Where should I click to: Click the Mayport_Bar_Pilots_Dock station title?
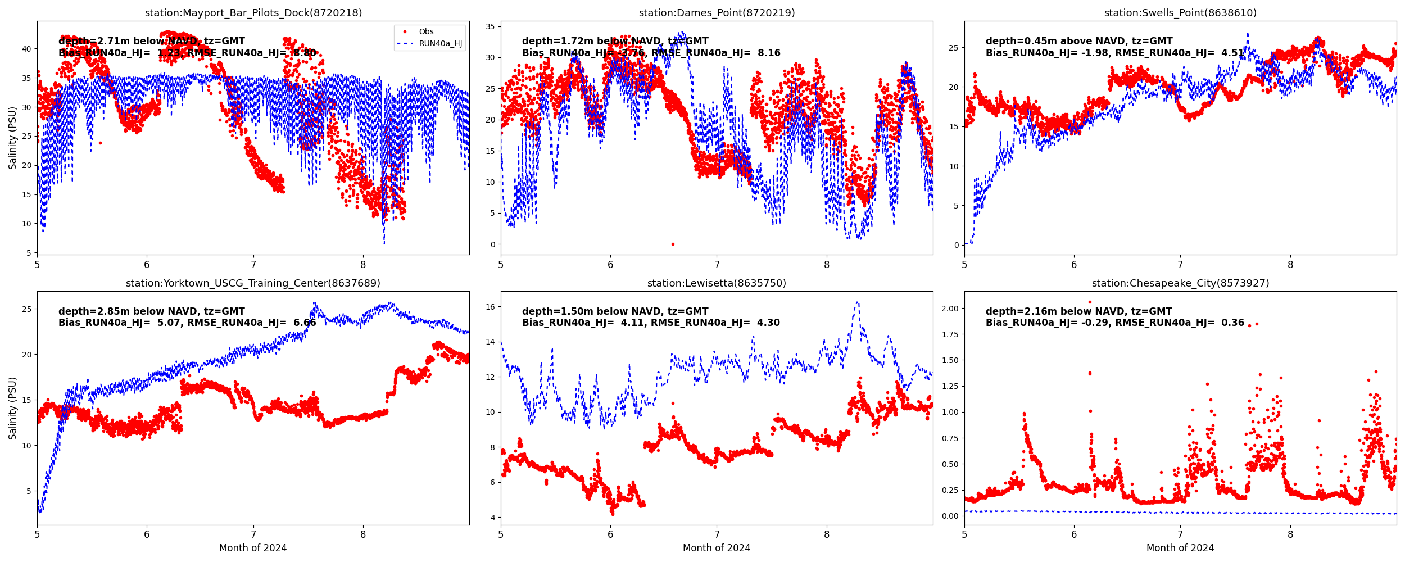coord(253,13)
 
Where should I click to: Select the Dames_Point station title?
coord(717,13)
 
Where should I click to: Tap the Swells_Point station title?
coord(1180,13)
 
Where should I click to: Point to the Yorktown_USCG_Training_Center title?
coord(253,283)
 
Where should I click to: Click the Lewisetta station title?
coord(717,283)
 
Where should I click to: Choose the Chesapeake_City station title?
coord(1180,283)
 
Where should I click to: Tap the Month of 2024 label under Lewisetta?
coord(717,548)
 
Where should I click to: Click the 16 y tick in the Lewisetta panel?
coord(490,307)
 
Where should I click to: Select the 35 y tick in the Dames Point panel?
coord(490,26)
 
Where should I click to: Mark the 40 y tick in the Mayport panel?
coord(26,49)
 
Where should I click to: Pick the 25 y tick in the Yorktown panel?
coord(26,309)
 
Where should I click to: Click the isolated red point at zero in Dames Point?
coord(673,244)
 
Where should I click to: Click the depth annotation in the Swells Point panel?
coord(1079,41)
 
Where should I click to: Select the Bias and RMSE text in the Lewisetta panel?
coord(651,323)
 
